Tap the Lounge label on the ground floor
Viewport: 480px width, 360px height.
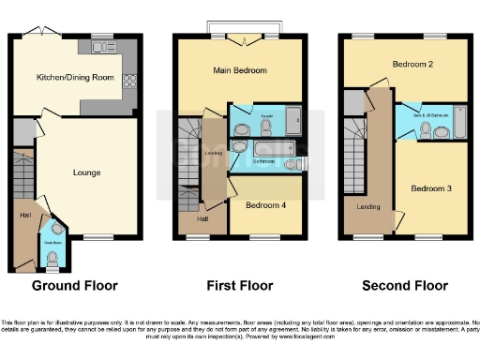click(x=87, y=172)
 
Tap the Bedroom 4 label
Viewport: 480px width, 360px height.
click(x=264, y=203)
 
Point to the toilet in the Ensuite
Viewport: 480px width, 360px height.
click(x=242, y=130)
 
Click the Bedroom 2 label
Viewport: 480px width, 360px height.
click(x=412, y=65)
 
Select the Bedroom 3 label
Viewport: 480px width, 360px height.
click(x=431, y=188)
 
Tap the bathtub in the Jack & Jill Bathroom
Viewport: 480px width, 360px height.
click(x=458, y=127)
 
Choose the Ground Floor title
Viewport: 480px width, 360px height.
click(x=73, y=285)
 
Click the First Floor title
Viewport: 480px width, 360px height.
click(x=239, y=285)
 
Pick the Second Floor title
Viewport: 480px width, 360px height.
click(x=404, y=285)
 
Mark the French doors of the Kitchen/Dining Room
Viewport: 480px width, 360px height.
click(x=42, y=34)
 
